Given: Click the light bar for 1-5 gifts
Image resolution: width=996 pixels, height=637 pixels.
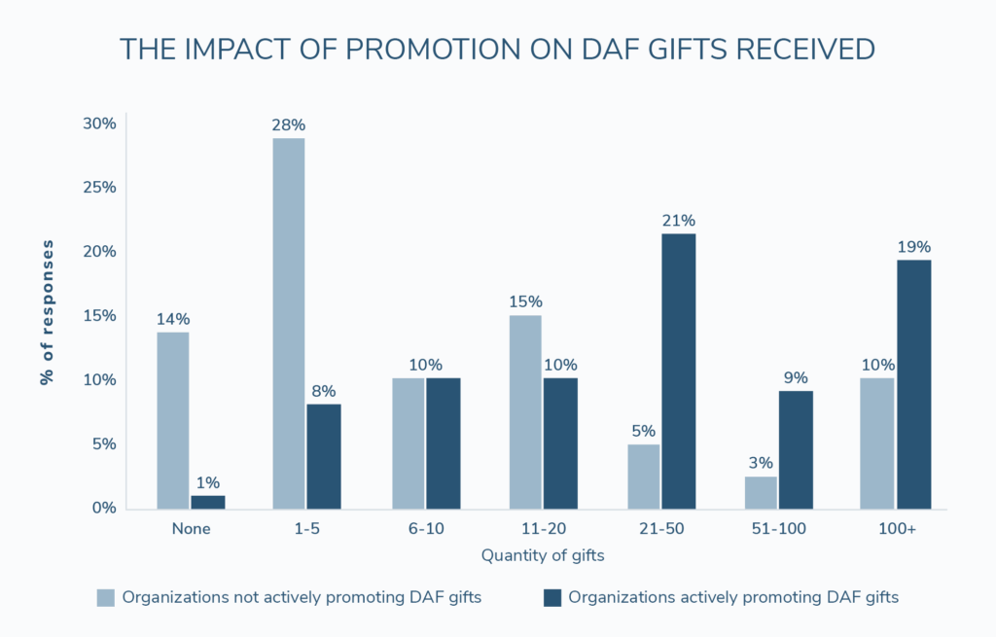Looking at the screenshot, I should click(x=289, y=323).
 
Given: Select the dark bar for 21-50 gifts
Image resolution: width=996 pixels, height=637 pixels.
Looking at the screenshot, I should click(x=678, y=371).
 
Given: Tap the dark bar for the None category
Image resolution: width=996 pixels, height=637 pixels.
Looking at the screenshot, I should click(x=208, y=502).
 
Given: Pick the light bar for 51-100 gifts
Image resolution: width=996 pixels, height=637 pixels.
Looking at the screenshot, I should click(x=761, y=492).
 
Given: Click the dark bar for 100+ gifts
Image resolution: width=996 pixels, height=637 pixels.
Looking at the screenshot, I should click(x=913, y=383).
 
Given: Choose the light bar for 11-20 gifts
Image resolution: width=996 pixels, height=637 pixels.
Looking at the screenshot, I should click(x=525, y=411).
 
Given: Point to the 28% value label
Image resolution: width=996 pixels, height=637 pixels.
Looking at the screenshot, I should click(x=289, y=125).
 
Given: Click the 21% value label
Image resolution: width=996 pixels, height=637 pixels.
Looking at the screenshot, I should click(x=678, y=221).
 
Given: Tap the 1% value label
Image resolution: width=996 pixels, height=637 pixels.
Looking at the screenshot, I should click(x=208, y=482).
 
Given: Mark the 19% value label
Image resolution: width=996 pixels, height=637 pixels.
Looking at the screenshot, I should click(x=913, y=247).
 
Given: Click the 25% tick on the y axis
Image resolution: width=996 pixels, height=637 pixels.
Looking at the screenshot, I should click(x=99, y=188).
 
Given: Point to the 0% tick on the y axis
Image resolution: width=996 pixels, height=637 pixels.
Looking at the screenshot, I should click(x=103, y=508).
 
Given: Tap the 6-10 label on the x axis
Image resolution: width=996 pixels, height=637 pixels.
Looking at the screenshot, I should click(x=424, y=529).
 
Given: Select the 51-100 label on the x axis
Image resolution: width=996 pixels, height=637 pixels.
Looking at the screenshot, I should click(x=778, y=529).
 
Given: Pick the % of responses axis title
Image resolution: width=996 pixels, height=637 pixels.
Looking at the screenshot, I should click(x=47, y=312).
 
